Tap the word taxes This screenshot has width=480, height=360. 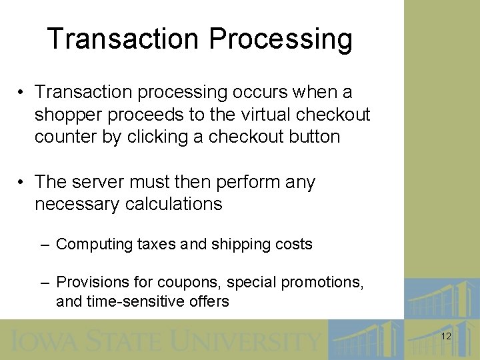tap(157, 244)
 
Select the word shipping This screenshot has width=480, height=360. tap(241, 245)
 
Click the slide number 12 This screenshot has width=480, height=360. tap(446, 337)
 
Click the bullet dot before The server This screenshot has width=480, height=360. tap(22, 182)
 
